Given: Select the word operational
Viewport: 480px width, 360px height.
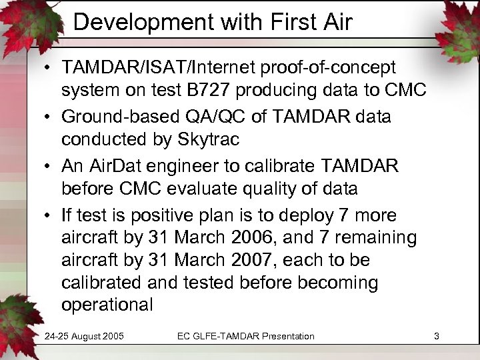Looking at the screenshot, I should [x=107, y=305].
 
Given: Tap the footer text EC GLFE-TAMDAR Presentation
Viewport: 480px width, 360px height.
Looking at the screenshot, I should [x=245, y=336].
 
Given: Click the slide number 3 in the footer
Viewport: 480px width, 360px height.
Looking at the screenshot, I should [x=436, y=336].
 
